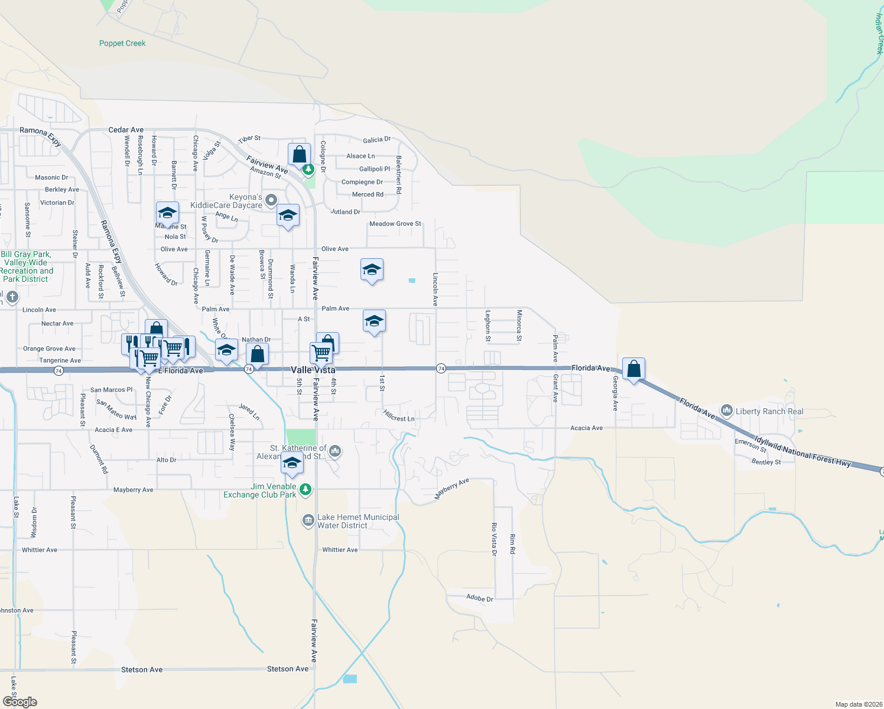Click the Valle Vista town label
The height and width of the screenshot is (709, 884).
pos(313,370)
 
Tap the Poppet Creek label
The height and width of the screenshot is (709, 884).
pos(122,43)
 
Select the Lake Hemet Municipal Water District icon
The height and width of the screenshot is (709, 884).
pos(308,521)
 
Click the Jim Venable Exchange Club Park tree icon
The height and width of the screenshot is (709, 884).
pos(305,489)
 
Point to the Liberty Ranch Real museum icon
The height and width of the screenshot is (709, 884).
pos(727,411)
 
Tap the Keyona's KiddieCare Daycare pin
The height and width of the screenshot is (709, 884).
pos(271,200)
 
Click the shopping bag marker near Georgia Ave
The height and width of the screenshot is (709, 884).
pos(633,369)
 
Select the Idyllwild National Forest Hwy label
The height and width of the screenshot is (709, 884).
pos(802,452)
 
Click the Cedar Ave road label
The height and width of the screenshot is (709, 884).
pos(126,130)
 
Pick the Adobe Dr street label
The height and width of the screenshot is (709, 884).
pos(479,598)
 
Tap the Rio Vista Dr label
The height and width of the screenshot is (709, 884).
pos(494,539)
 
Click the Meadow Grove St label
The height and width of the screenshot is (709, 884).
pos(395,224)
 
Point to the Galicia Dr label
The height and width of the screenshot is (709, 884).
pos(376,140)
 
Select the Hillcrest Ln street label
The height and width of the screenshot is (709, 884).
pos(399,416)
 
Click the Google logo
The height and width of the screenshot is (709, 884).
pos(20,701)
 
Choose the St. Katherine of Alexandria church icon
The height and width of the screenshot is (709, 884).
pos(335,452)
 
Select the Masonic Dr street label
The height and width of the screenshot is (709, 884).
pos(51,177)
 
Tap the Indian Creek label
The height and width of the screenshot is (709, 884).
pos(879,34)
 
